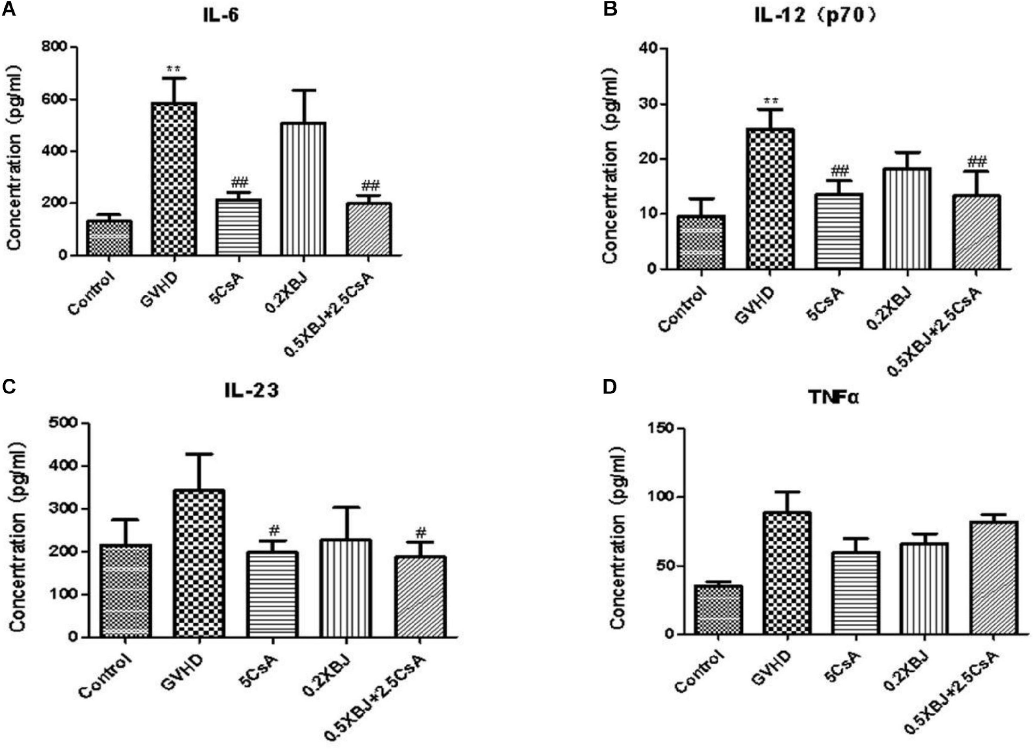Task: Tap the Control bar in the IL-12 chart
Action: pos(700,242)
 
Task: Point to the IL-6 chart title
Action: pos(221,17)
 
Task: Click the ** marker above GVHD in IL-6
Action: pos(173,69)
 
